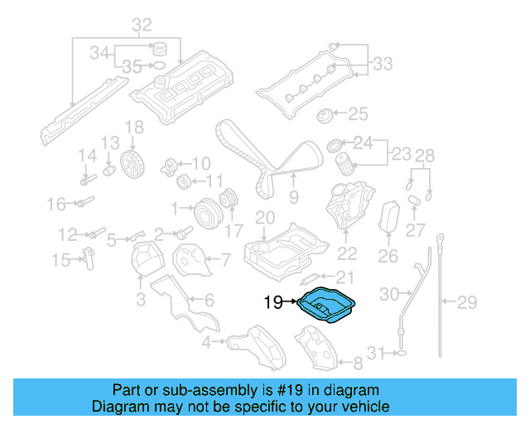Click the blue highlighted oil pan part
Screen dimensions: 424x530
[330, 307]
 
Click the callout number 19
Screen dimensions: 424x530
[274, 303]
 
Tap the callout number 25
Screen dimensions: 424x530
[357, 113]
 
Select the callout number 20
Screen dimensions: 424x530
[264, 218]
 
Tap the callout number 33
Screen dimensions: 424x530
[383, 63]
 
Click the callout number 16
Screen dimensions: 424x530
[56, 203]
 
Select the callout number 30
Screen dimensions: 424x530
[389, 293]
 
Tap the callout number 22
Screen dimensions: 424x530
[347, 254]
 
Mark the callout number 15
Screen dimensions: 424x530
[61, 261]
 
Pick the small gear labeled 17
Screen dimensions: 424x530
[231, 201]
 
